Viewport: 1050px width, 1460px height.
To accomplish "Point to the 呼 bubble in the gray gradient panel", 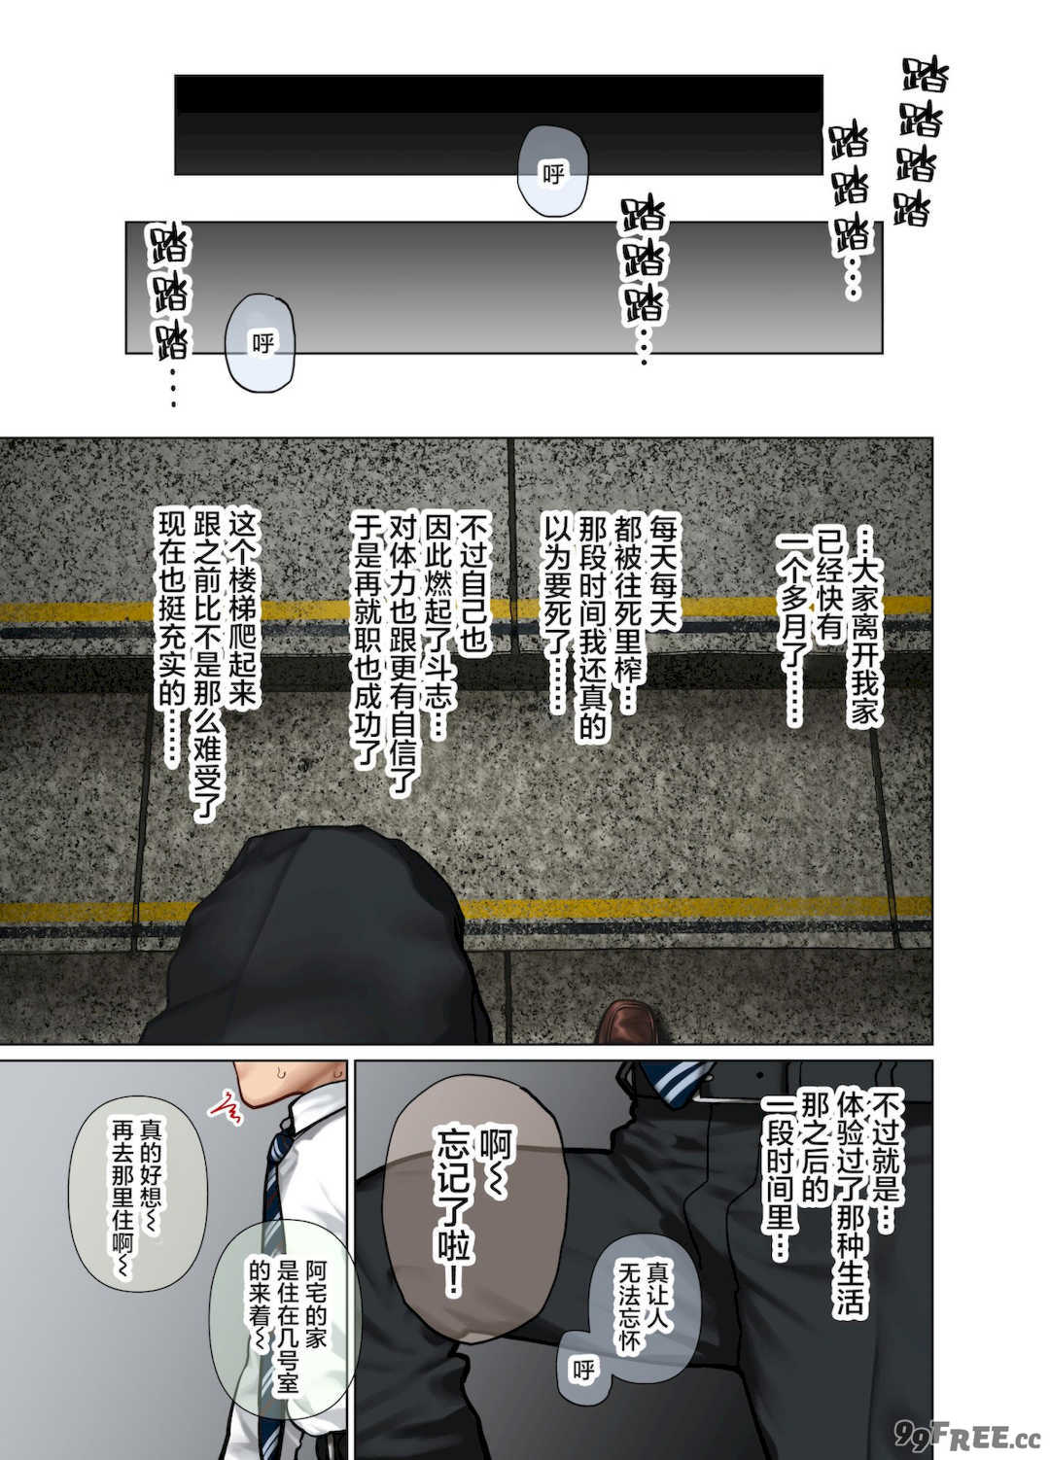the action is point(260,343).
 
